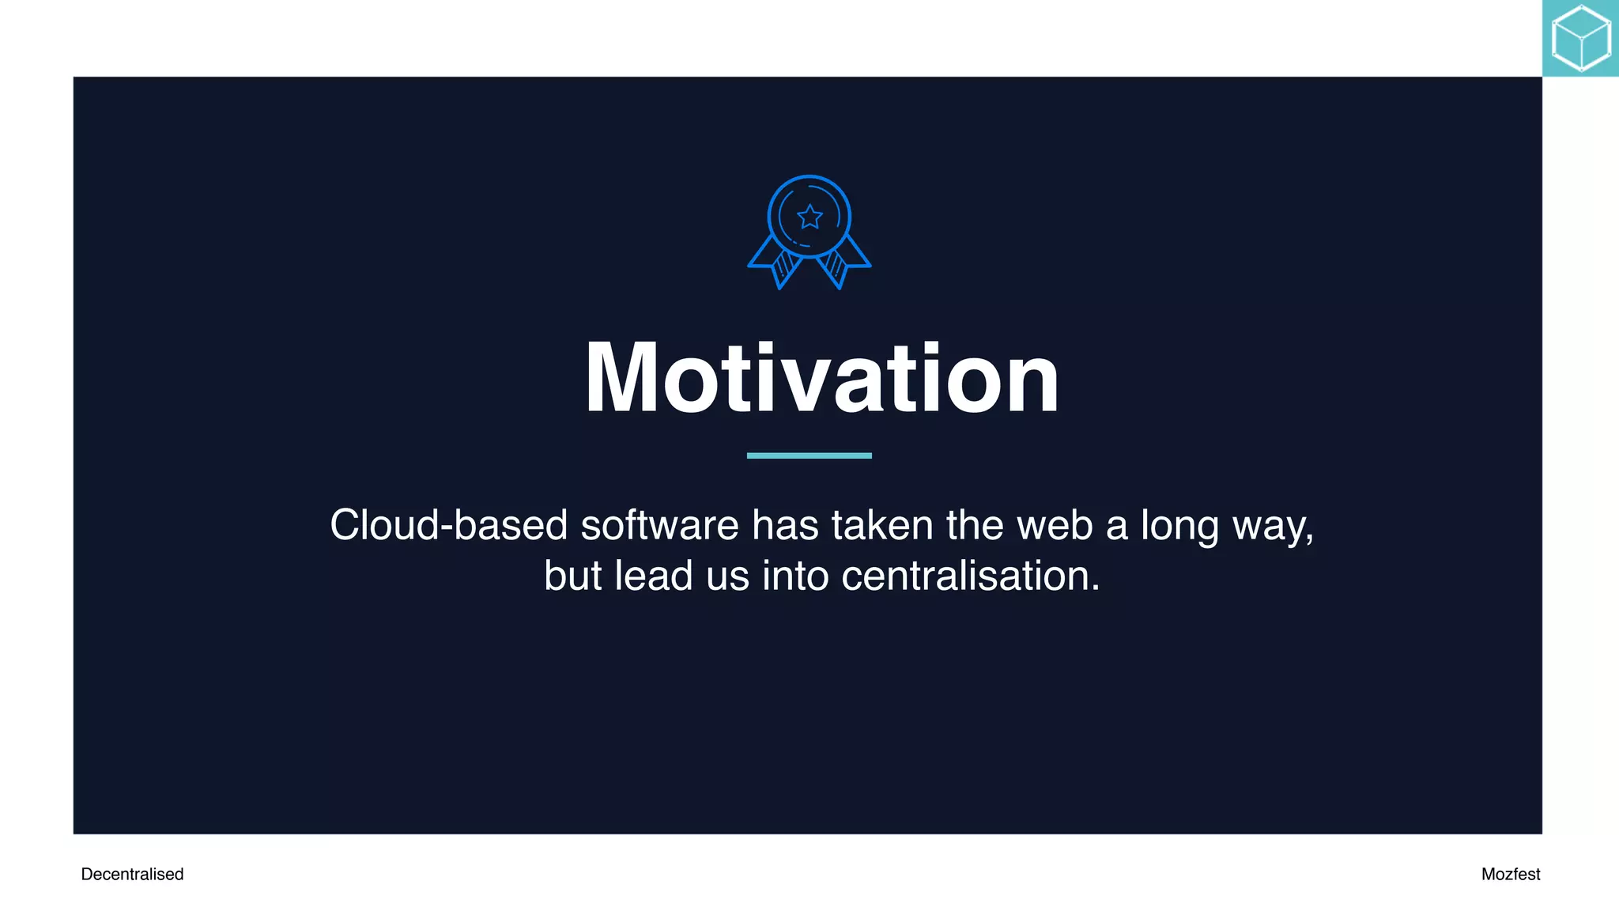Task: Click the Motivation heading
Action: pyautogui.click(x=821, y=378)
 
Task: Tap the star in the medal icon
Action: pyautogui.click(x=809, y=216)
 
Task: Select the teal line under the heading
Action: pyautogui.click(x=809, y=455)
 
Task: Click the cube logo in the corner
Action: pyautogui.click(x=1581, y=38)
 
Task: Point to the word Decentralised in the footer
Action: pyautogui.click(x=132, y=874)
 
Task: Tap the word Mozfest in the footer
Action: pyautogui.click(x=1511, y=874)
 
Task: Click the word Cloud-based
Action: pyautogui.click(x=448, y=525)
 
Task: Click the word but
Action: pyautogui.click(x=572, y=576)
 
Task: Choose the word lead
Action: pyautogui.click(x=654, y=576)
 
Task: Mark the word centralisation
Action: pyautogui.click(x=970, y=576)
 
